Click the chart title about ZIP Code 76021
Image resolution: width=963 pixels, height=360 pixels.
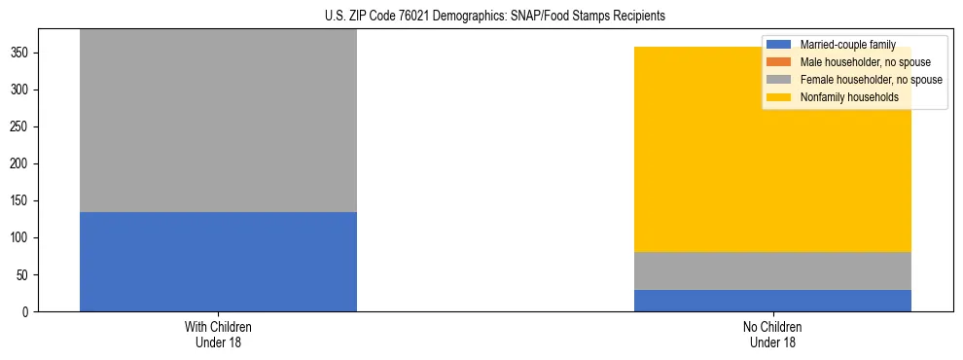(495, 17)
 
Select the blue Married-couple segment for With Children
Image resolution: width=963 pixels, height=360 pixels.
(218, 262)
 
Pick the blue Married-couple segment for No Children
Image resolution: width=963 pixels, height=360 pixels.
(772, 301)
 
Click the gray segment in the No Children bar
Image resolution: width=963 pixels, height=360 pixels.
(772, 270)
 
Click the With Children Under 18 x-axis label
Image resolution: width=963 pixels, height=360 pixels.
(218, 334)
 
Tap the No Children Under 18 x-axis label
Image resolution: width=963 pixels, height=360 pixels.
(772, 334)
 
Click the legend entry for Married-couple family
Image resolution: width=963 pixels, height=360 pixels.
(846, 45)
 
